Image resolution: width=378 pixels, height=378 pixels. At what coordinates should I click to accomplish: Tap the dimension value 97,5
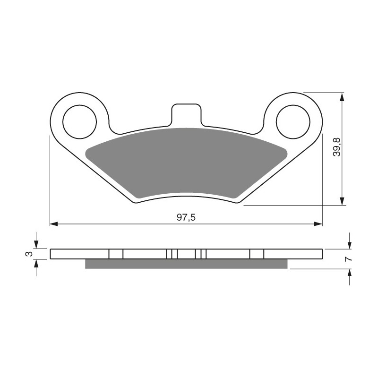pyautogui.click(x=186, y=217)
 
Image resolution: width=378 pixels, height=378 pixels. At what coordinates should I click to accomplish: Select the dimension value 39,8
pyautogui.click(x=336, y=147)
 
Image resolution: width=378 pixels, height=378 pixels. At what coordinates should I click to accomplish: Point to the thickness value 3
pyautogui.click(x=29, y=254)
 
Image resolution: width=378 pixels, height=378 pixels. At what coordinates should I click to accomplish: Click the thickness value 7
pyautogui.click(x=349, y=259)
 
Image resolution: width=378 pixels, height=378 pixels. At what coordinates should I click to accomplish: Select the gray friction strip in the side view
pyautogui.click(x=186, y=264)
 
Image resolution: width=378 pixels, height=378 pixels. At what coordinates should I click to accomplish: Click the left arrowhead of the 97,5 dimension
pyautogui.click(x=53, y=224)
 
